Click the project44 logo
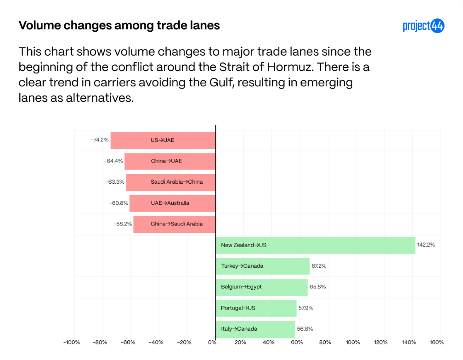pyautogui.click(x=423, y=26)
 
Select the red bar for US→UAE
pyautogui.click(x=163, y=140)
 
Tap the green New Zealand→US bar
pyautogui.click(x=316, y=245)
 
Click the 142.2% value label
pyautogui.click(x=426, y=245)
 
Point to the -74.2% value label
pyautogui.click(x=100, y=140)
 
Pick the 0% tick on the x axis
pyautogui.click(x=212, y=342)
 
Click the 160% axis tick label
pyautogui.click(x=437, y=342)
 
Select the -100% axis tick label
pyautogui.click(x=72, y=342)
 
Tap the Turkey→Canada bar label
pyautogui.click(x=242, y=266)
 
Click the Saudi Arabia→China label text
pyautogui.click(x=176, y=182)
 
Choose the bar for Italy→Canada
pyautogui.click(x=255, y=329)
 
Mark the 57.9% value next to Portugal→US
pyautogui.click(x=305, y=308)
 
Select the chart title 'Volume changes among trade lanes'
pyautogui.click(x=119, y=25)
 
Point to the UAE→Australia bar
pyautogui.click(x=172, y=203)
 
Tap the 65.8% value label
pyautogui.click(x=318, y=287)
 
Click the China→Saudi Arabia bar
pyautogui.click(x=175, y=224)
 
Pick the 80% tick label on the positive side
pyautogui.click(x=325, y=342)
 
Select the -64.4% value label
pyautogui.click(x=113, y=161)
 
